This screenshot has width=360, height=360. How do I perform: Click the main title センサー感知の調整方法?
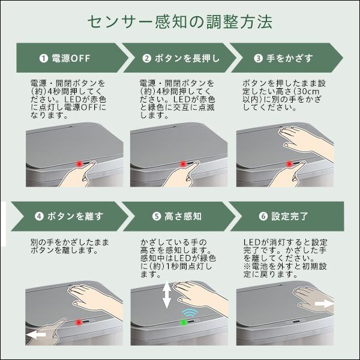(x=179, y=22)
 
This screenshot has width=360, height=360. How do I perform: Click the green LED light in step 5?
(x=184, y=322)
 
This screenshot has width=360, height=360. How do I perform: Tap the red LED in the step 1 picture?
(x=79, y=163)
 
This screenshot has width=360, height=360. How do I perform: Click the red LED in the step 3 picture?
(x=289, y=163)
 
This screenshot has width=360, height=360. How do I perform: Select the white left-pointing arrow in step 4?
(x=37, y=334)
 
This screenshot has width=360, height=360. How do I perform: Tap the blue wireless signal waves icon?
(x=191, y=312)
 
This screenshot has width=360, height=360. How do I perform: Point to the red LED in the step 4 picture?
(x=77, y=322)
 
